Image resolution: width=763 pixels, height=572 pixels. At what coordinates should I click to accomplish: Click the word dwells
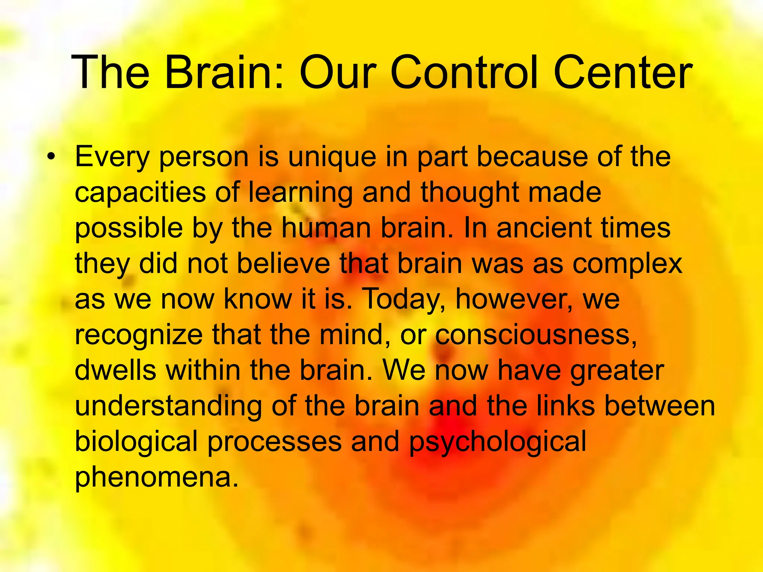(115, 370)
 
